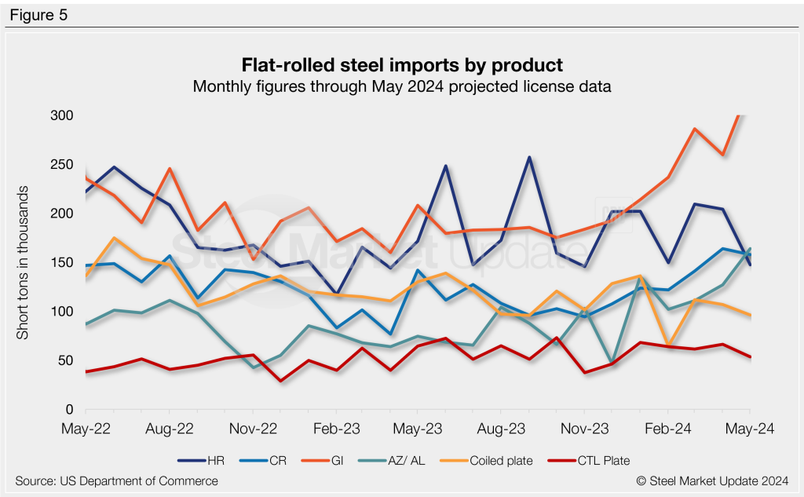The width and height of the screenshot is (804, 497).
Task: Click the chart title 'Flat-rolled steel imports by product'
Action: (402, 64)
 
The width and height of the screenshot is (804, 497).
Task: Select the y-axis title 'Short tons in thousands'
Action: (23, 263)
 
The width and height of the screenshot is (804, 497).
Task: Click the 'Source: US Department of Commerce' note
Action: (116, 481)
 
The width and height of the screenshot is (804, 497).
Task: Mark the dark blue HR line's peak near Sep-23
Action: (529, 157)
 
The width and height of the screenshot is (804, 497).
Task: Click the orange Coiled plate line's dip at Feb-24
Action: (667, 345)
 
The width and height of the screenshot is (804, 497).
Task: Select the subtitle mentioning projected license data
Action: (402, 86)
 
